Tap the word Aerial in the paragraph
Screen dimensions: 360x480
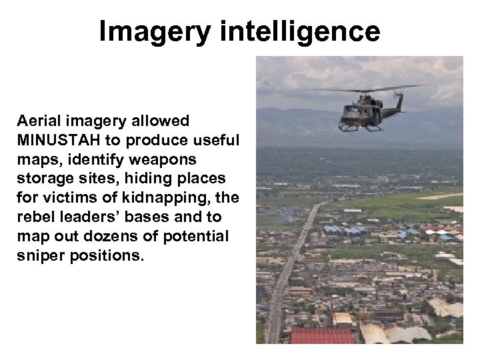point(41,121)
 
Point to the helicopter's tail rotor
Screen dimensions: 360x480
point(400,97)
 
